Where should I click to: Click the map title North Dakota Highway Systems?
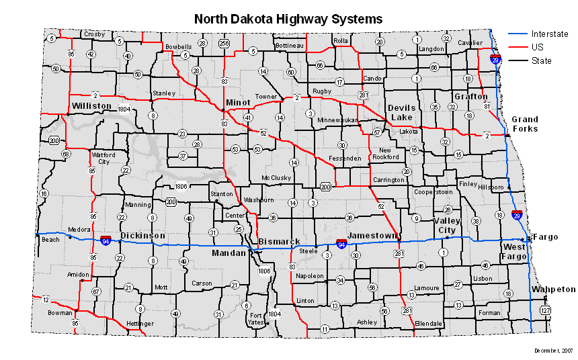point(288,19)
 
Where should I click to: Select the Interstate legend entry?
point(549,34)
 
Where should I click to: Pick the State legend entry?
point(541,61)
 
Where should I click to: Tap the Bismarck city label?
point(279,241)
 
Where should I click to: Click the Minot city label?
point(238,102)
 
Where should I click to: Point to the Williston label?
point(91,106)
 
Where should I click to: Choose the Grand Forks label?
point(525,124)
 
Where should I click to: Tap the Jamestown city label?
point(372,236)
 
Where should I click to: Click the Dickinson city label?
point(142,236)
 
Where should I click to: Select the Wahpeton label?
point(553,289)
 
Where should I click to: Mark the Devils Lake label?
point(402,112)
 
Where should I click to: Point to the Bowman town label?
point(60,313)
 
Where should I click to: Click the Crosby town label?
point(94,34)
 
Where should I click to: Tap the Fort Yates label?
point(256,319)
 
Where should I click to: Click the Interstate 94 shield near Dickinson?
point(106,240)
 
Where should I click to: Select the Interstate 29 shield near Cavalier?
point(495,59)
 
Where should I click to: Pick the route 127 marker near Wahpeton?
point(545,310)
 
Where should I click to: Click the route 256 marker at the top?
point(224,43)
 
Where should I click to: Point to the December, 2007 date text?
point(554,351)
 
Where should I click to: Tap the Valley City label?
point(447,225)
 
